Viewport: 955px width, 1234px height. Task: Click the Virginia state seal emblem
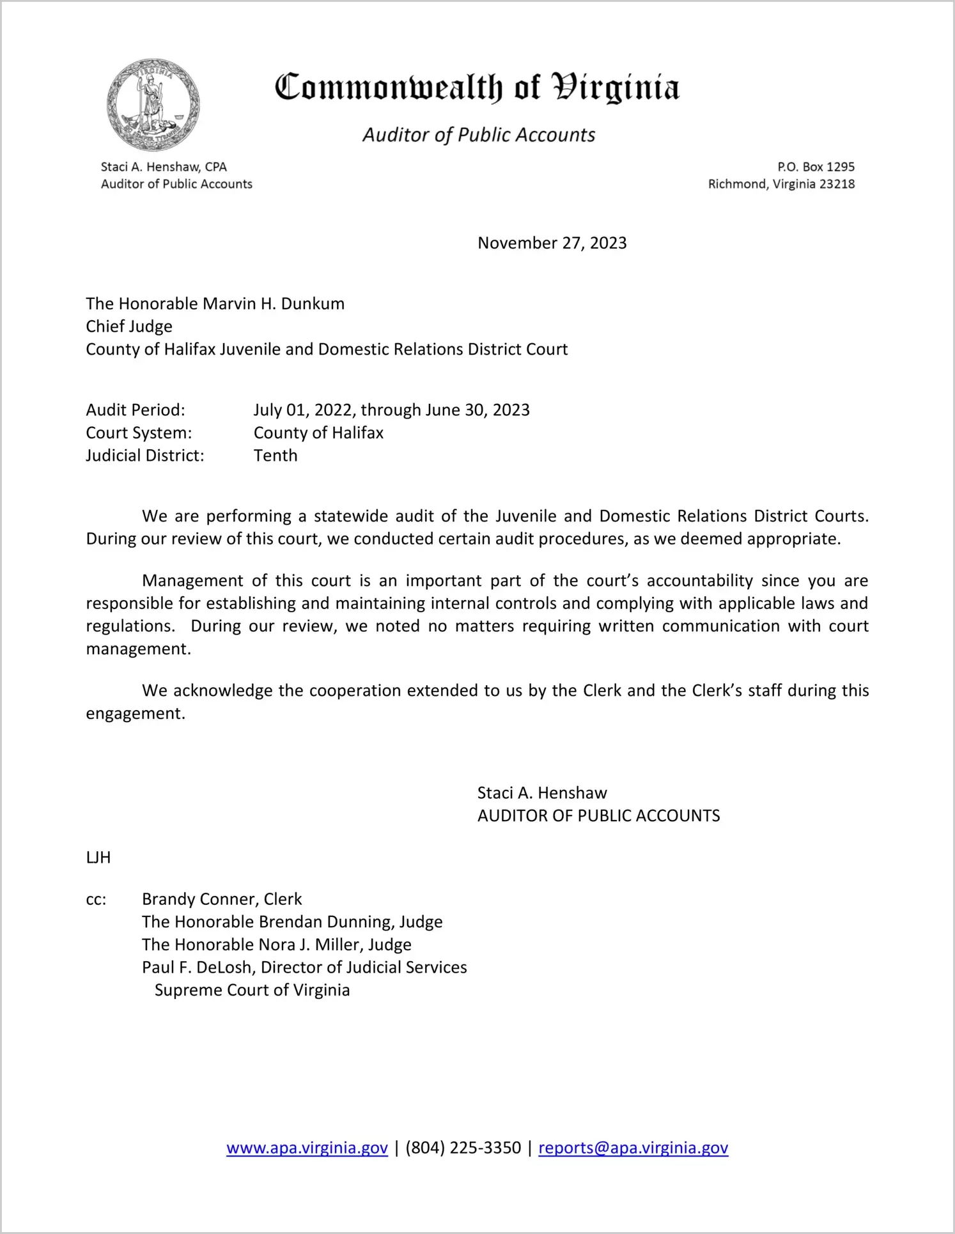click(x=153, y=105)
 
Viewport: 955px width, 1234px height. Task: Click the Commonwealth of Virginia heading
click(x=477, y=88)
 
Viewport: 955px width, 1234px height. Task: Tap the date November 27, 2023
click(x=552, y=243)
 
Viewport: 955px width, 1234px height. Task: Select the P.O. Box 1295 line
click(x=815, y=167)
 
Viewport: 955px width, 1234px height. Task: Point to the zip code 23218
click(x=837, y=184)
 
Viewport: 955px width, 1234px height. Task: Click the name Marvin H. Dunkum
click(x=273, y=304)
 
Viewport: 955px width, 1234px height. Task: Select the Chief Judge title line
click(x=129, y=327)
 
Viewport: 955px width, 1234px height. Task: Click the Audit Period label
click(x=136, y=410)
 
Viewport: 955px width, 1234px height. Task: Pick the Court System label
click(x=139, y=433)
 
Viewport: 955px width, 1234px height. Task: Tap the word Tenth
click(x=276, y=456)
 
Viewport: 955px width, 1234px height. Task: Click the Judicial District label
click(x=145, y=456)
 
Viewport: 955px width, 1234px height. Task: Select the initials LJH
click(x=98, y=858)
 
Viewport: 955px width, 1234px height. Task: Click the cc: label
click(x=96, y=899)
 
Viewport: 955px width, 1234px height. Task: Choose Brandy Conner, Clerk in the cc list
click(x=222, y=899)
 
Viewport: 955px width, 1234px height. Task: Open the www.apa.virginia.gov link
click(x=307, y=1148)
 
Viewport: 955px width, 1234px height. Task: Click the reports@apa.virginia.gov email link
click(x=633, y=1148)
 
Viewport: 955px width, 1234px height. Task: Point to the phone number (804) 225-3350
click(x=463, y=1148)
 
